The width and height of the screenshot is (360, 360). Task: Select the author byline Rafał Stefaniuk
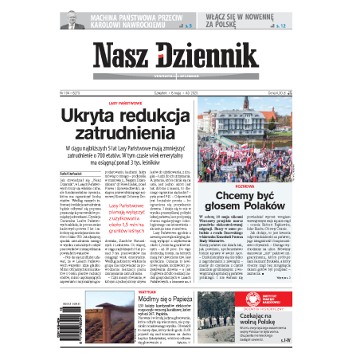pyautogui.click(x=72, y=170)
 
